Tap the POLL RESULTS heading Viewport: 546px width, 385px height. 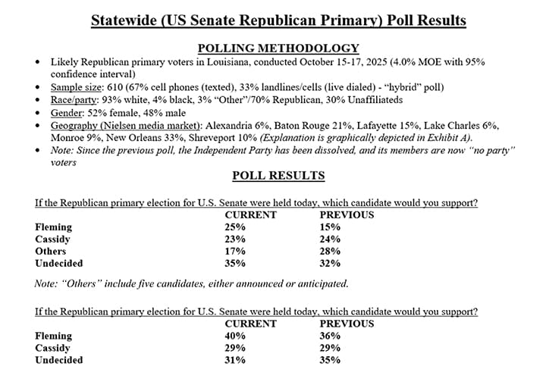(x=278, y=176)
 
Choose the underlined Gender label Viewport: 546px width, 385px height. (x=70, y=113)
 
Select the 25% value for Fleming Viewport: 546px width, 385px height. (x=235, y=227)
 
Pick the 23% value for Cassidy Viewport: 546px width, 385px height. (x=235, y=239)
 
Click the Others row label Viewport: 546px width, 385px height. (x=51, y=251)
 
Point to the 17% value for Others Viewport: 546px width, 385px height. (x=235, y=251)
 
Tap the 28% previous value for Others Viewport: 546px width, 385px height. (x=330, y=251)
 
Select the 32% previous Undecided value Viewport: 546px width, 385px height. (x=330, y=263)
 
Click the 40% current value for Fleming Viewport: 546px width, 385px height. (x=235, y=336)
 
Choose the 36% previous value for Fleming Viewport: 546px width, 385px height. (x=330, y=336)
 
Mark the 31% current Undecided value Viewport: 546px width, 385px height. (x=235, y=360)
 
